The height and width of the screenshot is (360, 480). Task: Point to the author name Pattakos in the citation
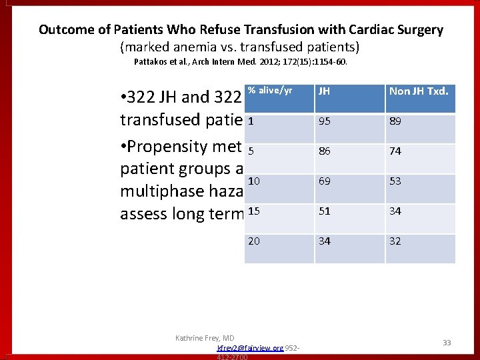coord(153,62)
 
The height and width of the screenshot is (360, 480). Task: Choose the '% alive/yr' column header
coord(270,91)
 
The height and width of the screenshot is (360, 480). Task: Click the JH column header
coord(324,91)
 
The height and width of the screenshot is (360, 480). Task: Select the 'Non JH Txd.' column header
coord(418,91)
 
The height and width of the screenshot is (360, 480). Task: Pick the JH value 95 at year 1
coord(325,121)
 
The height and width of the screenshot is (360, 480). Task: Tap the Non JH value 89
coord(395,121)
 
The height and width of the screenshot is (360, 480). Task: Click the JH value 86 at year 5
coord(325,151)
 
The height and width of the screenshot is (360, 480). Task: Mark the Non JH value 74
coord(395,151)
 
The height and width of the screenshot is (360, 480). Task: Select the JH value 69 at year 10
coord(325,181)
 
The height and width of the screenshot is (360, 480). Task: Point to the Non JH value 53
coord(395,181)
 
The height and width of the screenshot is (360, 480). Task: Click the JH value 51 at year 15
coord(325,211)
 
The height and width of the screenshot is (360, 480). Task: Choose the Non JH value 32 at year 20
coord(395,241)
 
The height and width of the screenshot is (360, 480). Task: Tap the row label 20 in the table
coord(254,241)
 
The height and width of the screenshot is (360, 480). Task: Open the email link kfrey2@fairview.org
coord(250,348)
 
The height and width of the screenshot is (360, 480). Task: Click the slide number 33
coord(447,343)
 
